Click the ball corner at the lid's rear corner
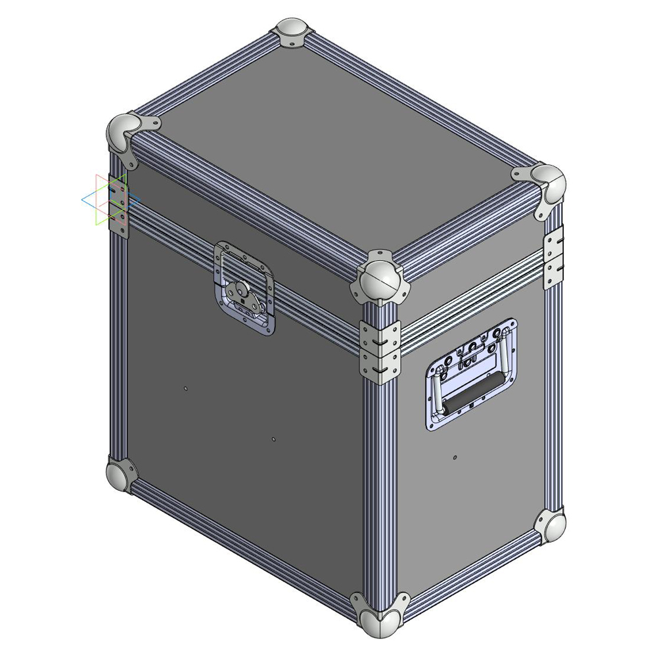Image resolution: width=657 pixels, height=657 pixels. coord(290,32)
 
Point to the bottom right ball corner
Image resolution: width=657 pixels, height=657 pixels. coord(550,528)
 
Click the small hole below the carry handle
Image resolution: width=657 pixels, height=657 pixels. coord(455,457)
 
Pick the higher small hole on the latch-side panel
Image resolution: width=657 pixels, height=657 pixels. coord(186,389)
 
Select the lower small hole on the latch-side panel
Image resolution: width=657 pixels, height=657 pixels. coord(273,439)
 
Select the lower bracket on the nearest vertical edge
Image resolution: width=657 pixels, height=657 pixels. coord(380,365)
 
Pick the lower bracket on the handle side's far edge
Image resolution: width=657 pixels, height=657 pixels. coord(553,272)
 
